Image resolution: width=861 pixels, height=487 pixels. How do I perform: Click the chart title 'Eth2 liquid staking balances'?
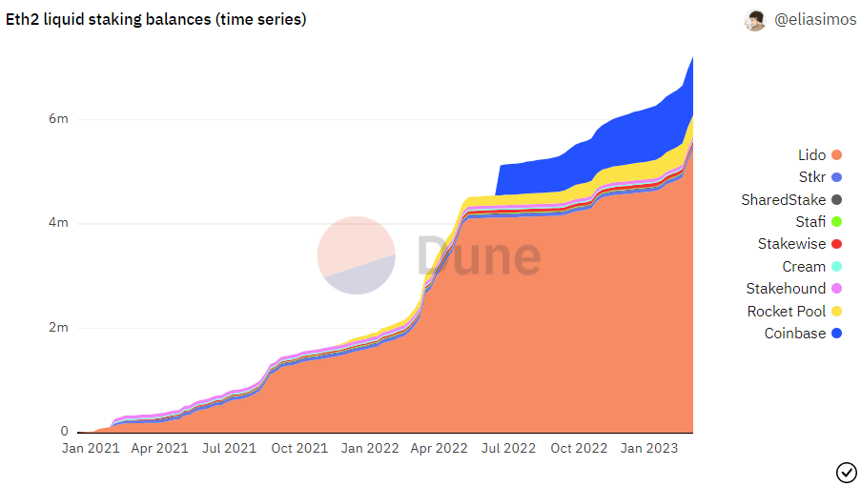pos(108,19)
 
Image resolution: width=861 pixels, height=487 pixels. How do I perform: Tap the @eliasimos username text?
pos(815,20)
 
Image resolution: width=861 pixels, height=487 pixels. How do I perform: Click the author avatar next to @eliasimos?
pos(754,20)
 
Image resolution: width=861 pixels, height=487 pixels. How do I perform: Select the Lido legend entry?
pos(820,155)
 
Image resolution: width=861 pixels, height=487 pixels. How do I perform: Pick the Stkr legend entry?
pos(820,177)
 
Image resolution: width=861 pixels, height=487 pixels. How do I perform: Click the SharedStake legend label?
pos(783,200)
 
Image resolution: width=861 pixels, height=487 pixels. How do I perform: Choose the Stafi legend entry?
pos(819,222)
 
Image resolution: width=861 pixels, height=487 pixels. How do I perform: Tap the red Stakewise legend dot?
pos(836,244)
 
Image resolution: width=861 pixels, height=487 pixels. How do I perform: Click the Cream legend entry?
pos(812,267)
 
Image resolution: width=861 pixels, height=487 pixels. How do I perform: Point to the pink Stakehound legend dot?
pos(836,289)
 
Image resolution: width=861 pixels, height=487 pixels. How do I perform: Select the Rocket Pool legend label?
pos(787,312)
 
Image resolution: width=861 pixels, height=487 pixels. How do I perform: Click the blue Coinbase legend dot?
pos(836,334)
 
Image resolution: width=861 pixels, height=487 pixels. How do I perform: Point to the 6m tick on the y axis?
pos(58,118)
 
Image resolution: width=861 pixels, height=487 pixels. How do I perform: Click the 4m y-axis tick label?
pos(58,222)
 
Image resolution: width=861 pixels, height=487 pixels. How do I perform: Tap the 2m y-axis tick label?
pos(58,327)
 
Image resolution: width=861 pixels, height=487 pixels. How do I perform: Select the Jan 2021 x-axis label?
pos(91,449)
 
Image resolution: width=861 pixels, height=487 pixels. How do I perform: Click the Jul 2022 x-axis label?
pos(508,449)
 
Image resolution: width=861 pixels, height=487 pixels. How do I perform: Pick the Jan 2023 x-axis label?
pos(649,449)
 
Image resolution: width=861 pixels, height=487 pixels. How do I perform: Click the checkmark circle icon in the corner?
pos(846,472)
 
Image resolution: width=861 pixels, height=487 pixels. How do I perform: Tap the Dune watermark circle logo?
pos(357,255)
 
